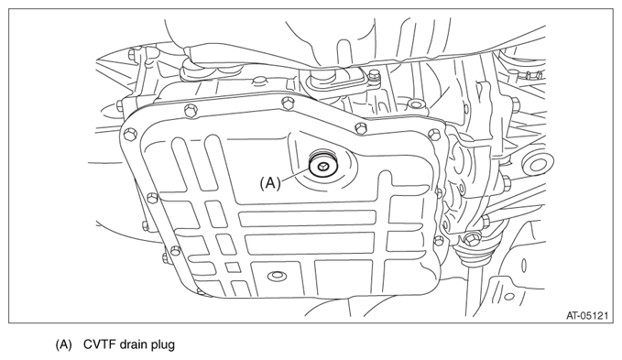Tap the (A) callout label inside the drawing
[270, 183]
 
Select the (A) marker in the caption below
[63, 344]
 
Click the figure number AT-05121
[586, 316]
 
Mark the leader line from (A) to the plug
[296, 175]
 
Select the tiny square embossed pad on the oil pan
[233, 267]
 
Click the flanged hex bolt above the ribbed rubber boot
[472, 239]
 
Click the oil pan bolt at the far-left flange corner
[128, 135]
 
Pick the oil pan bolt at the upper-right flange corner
[434, 135]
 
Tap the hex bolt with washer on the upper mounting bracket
[374, 75]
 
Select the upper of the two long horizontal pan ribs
[308, 219]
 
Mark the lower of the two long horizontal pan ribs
[310, 243]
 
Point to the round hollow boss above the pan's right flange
[415, 104]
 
